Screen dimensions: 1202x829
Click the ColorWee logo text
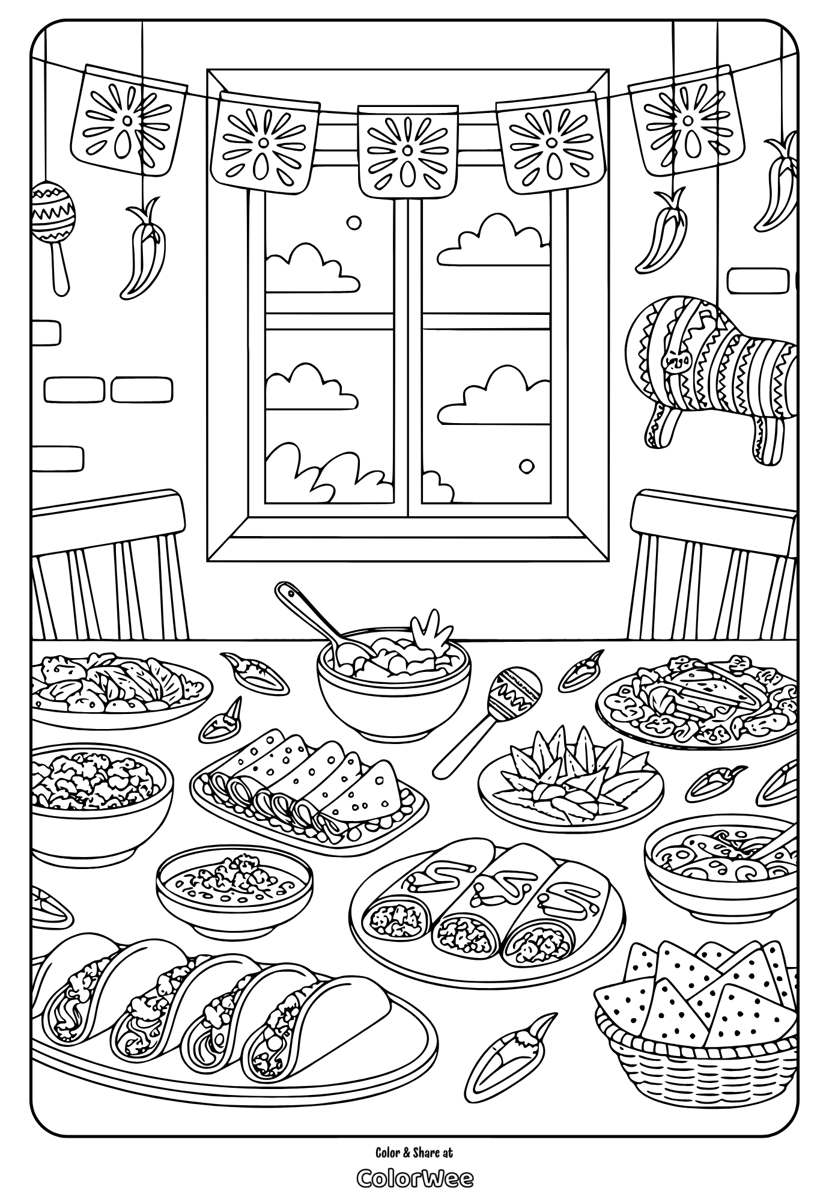pyautogui.click(x=414, y=1178)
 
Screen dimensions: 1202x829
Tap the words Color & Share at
pyautogui.click(x=414, y=1152)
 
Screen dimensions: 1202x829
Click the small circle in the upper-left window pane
pyautogui.click(x=354, y=222)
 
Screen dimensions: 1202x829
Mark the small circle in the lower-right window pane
pyautogui.click(x=526, y=466)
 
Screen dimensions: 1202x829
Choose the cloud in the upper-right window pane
pyautogui.click(x=496, y=240)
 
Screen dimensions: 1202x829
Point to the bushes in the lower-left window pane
pyautogui.click(x=312, y=472)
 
